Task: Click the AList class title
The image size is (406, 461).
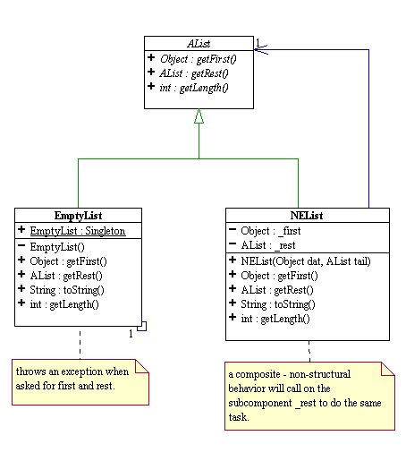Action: [x=199, y=44]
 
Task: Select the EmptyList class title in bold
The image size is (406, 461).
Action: [x=78, y=216]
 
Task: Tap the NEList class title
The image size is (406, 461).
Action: [x=307, y=216]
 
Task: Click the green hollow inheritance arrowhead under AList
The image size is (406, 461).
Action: [x=199, y=116]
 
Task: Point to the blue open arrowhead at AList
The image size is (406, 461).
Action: [x=261, y=50]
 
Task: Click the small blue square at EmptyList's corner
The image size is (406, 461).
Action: [x=142, y=326]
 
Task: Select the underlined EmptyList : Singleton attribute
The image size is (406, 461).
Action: [x=78, y=231]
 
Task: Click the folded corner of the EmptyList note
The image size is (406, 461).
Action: [x=142, y=366]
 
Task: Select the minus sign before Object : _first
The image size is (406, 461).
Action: [x=233, y=229]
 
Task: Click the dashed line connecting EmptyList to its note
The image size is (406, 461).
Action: [x=80, y=345]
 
